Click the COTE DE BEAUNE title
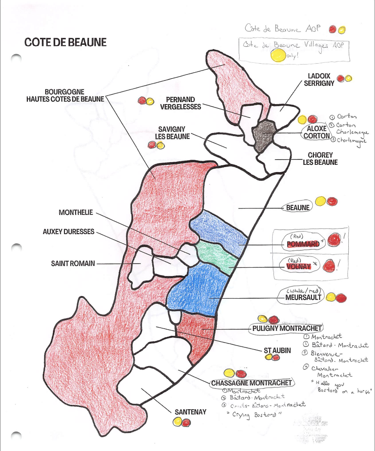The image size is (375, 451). [65, 42]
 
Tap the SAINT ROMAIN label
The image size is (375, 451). [73, 263]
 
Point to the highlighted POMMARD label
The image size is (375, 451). [304, 244]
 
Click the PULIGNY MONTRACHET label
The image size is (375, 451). [287, 328]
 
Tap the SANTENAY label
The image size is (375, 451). [190, 412]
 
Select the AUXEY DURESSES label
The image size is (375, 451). [68, 232]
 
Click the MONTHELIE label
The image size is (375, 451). [75, 213]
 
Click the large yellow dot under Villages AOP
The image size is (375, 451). [278, 55]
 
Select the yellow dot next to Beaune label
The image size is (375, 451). [320, 201]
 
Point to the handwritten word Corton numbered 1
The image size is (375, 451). [347, 116]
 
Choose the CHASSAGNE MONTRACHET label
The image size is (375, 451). [252, 383]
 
